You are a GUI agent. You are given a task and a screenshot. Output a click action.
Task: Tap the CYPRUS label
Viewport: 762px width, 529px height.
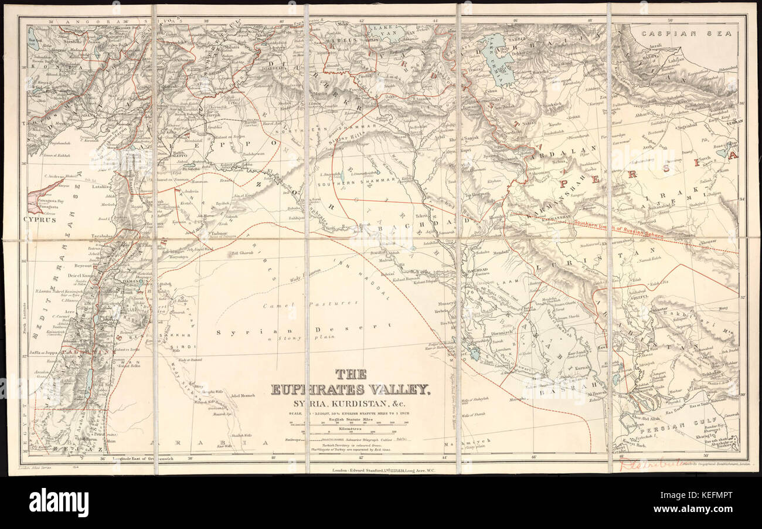point(40,220)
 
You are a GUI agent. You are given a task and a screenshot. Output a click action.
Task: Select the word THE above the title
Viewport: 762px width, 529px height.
point(351,373)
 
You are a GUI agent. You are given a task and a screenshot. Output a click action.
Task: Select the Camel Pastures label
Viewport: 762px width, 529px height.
point(310,303)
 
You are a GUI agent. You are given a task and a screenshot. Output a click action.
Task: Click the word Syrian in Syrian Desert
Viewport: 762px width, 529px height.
point(236,331)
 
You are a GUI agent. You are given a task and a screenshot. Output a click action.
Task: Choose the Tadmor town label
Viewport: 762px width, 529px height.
point(218,233)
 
